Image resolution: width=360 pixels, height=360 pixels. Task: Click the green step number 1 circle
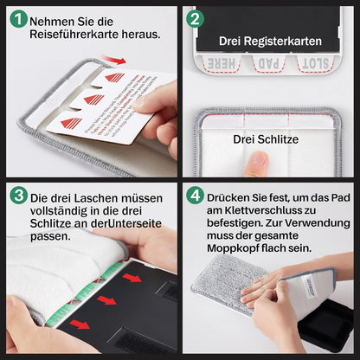16,18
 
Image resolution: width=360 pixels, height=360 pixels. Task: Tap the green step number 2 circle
196,18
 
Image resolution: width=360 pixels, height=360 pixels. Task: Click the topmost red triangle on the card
114,78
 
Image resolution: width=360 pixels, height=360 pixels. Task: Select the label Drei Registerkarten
271,41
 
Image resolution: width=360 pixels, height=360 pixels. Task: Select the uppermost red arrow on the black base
132,278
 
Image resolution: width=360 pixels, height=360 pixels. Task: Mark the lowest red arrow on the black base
80,325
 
